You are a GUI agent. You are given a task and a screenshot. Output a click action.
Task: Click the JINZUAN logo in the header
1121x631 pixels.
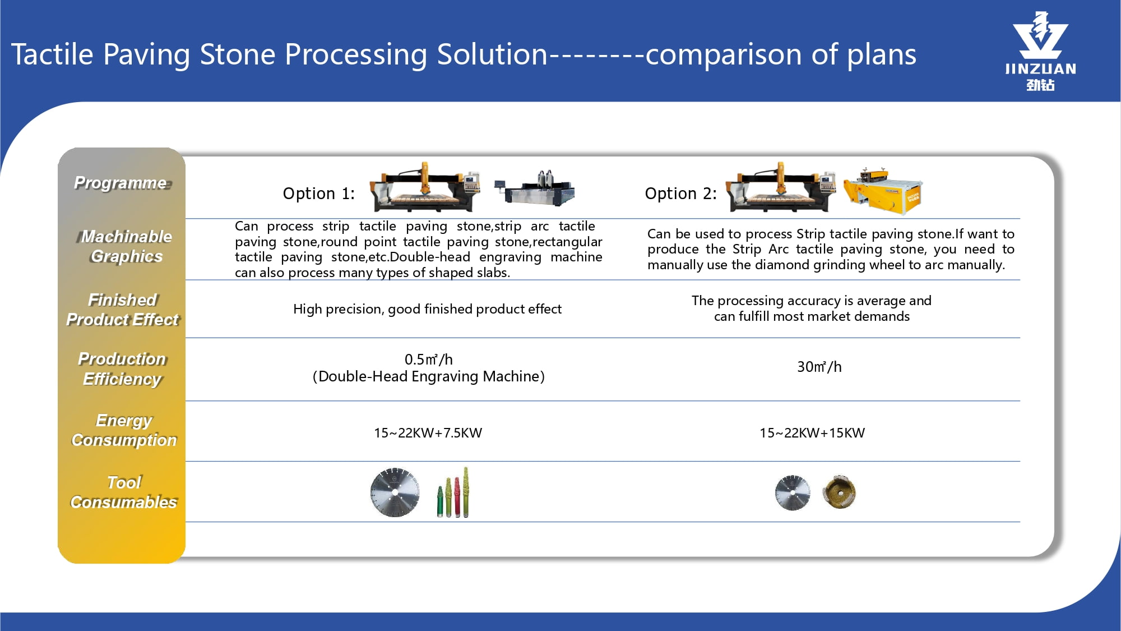pos(1040,51)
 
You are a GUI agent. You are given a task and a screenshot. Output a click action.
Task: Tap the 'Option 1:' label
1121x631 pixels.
pos(318,194)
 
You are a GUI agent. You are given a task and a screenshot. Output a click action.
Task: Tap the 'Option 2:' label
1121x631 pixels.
pos(680,194)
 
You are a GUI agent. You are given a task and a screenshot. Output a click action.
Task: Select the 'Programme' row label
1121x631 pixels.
pos(121,183)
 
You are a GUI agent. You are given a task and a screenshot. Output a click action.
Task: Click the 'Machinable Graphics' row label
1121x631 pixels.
pos(127,246)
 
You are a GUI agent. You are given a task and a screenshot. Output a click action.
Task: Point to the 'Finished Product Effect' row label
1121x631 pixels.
pos(122,310)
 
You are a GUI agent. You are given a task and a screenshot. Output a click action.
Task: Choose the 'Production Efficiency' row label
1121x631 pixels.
pos(122,369)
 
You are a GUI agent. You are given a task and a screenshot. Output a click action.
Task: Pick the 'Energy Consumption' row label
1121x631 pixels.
pos(124,430)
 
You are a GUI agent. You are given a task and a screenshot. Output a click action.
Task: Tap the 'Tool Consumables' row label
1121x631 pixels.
pos(124,492)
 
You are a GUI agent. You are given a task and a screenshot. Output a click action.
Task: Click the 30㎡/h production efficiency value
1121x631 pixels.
pos(819,367)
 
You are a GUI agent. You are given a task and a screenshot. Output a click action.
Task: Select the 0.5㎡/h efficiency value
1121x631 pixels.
pos(428,360)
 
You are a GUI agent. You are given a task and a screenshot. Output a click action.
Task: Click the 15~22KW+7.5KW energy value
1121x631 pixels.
pos(428,433)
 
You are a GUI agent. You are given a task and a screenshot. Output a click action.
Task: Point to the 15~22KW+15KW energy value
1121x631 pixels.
pos(812,433)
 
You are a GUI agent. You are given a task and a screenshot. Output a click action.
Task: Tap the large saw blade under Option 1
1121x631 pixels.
pos(395,492)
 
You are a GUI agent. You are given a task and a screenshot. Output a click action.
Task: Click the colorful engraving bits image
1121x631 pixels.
pos(453,493)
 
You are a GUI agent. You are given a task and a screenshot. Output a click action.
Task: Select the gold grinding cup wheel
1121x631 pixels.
pos(839,492)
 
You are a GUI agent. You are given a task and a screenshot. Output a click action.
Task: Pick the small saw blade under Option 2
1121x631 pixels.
pos(792,492)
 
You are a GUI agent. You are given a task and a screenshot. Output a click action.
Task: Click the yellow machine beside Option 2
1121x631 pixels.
pos(883,191)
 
